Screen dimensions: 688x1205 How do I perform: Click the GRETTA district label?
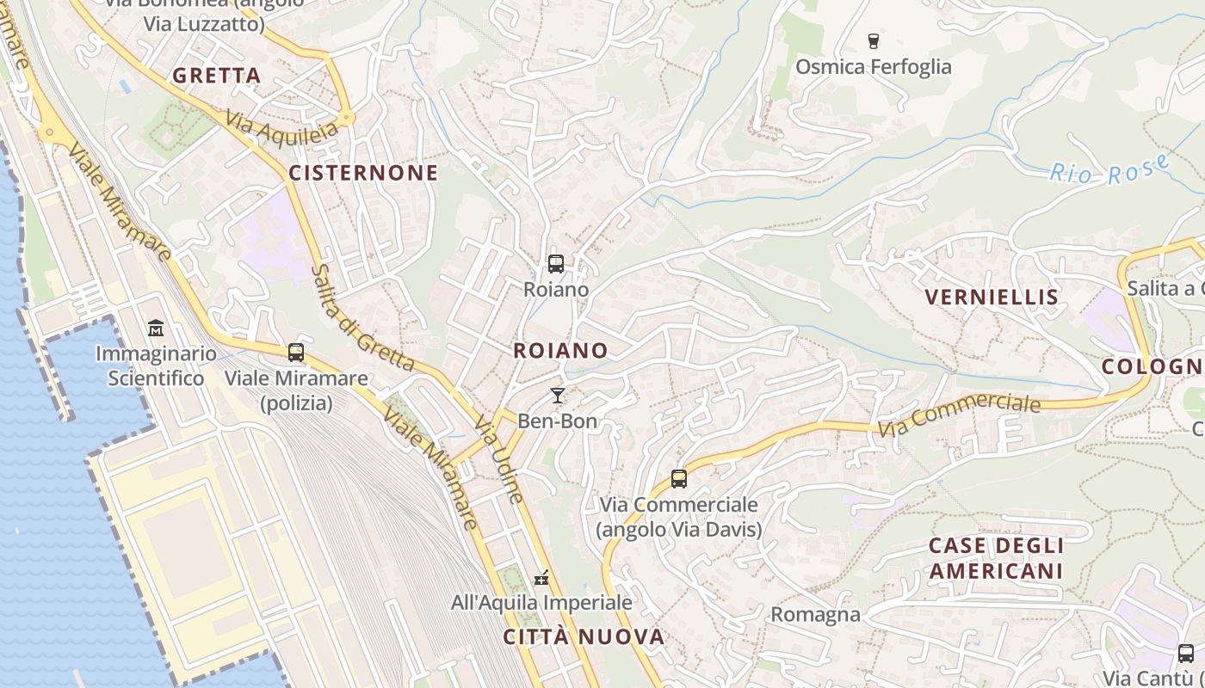click(216, 76)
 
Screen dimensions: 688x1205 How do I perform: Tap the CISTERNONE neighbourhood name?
click(363, 173)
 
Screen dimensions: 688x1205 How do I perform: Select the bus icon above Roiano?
click(556, 263)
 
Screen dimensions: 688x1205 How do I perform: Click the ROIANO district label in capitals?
click(560, 350)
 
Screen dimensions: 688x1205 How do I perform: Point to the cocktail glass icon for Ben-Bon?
click(557, 396)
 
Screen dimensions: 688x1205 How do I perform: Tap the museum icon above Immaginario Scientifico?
click(156, 328)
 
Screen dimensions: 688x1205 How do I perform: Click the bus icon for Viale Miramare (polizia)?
click(296, 352)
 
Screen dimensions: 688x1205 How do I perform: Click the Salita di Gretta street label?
click(362, 317)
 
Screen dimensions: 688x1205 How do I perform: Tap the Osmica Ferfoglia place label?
click(874, 67)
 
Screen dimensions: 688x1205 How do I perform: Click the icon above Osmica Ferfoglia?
click(874, 40)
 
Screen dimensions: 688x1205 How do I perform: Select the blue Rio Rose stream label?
click(1110, 169)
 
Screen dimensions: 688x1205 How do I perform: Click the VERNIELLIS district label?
click(992, 298)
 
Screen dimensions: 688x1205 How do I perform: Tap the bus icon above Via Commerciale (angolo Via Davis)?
click(679, 479)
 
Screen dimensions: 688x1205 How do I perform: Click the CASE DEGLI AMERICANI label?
click(996, 558)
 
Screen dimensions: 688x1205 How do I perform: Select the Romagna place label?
click(815, 614)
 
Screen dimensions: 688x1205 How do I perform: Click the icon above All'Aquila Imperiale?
click(541, 577)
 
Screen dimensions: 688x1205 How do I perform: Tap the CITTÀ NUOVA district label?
click(584, 637)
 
